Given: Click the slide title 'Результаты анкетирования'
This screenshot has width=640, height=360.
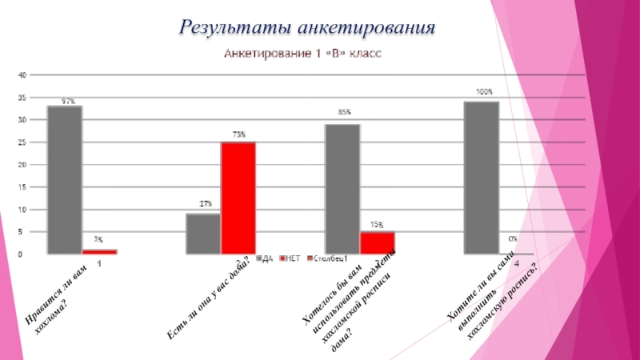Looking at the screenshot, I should [x=307, y=28].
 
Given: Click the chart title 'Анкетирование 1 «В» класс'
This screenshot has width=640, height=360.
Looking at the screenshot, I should [x=302, y=55].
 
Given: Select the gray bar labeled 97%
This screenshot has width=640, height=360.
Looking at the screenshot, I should [x=64, y=180].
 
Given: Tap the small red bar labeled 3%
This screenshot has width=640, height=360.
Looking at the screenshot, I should [x=99, y=252].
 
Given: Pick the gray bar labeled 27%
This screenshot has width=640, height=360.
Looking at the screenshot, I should [x=203, y=234].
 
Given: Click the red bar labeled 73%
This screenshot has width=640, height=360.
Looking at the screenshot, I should [x=238, y=198].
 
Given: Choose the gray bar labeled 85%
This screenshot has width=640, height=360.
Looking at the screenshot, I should [x=342, y=189].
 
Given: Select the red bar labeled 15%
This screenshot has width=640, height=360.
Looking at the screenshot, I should [x=377, y=243].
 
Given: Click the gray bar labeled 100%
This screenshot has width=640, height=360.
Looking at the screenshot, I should [x=482, y=178].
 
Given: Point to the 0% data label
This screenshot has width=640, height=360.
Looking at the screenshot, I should [x=512, y=239].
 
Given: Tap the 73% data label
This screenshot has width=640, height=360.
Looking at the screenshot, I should [x=239, y=135].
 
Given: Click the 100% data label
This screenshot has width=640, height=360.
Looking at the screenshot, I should [x=484, y=93].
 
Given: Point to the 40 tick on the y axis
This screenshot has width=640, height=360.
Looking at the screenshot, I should [x=22, y=74].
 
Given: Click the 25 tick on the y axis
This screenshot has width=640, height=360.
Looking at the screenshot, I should [x=22, y=142].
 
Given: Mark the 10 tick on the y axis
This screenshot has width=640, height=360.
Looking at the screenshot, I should [x=22, y=210].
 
